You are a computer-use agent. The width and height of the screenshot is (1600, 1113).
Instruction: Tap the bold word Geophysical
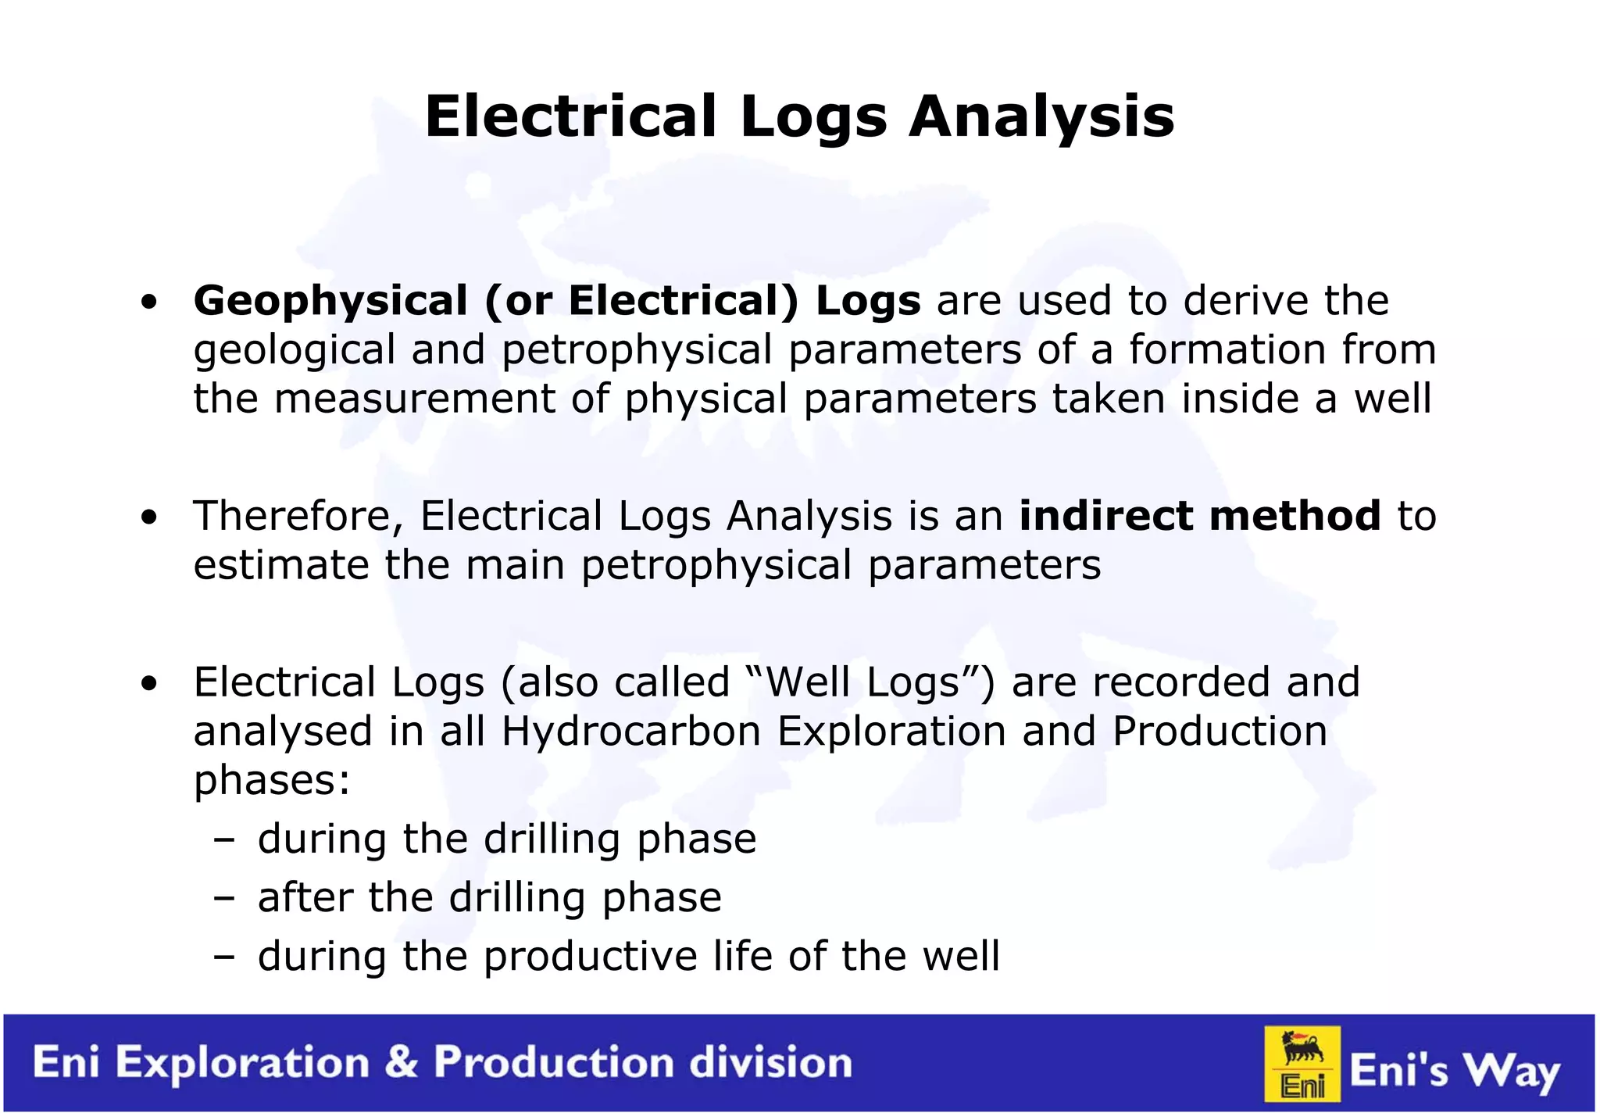click(x=330, y=302)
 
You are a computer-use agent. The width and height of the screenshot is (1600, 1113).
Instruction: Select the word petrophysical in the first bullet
click(x=636, y=349)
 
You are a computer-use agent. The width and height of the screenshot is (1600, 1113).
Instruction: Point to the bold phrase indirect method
click(x=1199, y=516)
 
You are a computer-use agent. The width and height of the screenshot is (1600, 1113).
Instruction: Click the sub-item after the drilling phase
click(x=489, y=897)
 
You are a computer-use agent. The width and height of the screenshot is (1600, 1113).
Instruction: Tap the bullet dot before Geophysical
click(x=149, y=302)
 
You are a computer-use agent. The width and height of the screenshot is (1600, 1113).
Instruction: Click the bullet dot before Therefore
click(x=149, y=517)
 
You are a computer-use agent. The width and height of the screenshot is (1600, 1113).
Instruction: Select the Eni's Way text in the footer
click(x=1454, y=1071)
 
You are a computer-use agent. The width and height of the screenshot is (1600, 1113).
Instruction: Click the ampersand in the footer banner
click(x=402, y=1063)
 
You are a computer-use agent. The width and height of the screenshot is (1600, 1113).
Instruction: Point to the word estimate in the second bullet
click(x=280, y=565)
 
